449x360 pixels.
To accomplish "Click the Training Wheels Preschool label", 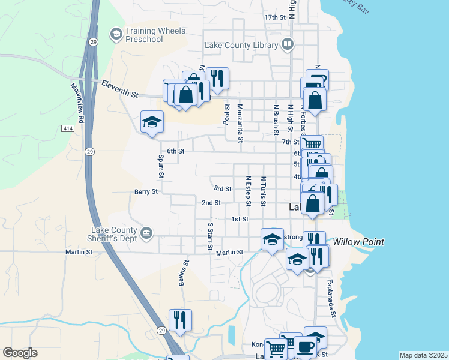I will click(x=155, y=35).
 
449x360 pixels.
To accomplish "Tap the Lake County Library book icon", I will click(x=288, y=44).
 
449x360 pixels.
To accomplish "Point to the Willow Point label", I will click(x=359, y=242).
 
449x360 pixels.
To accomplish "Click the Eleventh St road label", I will click(x=119, y=89).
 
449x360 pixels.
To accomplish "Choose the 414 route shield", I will click(x=68, y=128).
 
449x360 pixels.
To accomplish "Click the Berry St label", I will click(x=146, y=192).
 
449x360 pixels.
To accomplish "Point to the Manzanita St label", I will click(x=240, y=124).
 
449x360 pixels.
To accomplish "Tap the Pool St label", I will click(x=226, y=114).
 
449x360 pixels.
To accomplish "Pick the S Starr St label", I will click(x=210, y=237).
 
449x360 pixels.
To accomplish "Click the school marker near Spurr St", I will click(x=152, y=121).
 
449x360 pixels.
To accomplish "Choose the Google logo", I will click(x=20, y=353).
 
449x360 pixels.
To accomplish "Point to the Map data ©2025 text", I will click(x=423, y=355).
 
